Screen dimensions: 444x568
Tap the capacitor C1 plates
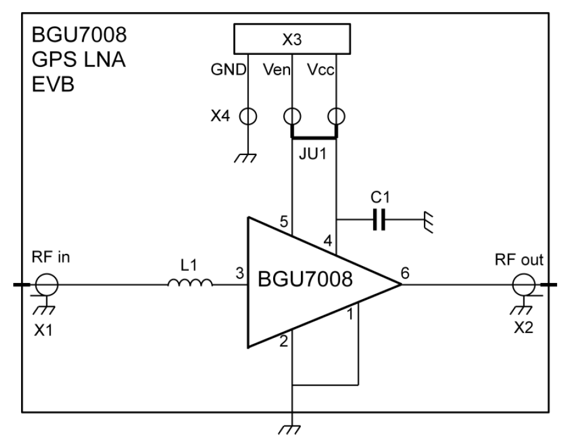pyautogui.click(x=379, y=221)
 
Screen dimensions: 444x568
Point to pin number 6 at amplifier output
pyautogui.click(x=405, y=273)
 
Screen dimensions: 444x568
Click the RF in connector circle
pyautogui.click(x=48, y=283)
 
